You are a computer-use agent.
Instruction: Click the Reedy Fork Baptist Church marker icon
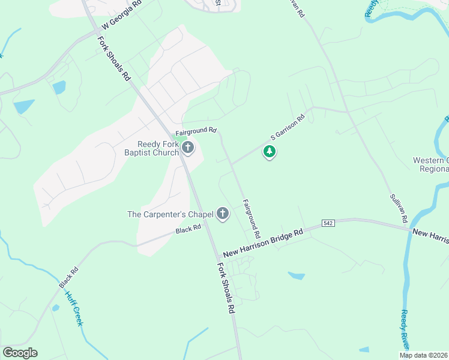[x=188, y=148]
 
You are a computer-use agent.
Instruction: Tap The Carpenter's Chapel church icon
[x=223, y=214]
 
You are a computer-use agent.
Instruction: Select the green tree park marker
[x=270, y=152]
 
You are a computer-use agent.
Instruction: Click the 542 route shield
[x=327, y=223]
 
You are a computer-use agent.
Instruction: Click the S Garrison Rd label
[x=288, y=127]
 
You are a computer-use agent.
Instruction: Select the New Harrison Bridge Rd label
[x=264, y=243]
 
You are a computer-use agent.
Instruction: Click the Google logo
[x=20, y=353]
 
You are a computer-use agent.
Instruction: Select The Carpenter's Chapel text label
[x=170, y=214]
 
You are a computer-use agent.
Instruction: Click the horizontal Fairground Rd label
[x=196, y=130]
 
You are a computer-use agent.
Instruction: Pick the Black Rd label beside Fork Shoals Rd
[x=188, y=230]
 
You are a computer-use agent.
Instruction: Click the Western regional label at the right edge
[x=430, y=164]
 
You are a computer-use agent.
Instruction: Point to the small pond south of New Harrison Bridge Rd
[x=297, y=275]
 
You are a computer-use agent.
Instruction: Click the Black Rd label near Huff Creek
[x=69, y=278]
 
